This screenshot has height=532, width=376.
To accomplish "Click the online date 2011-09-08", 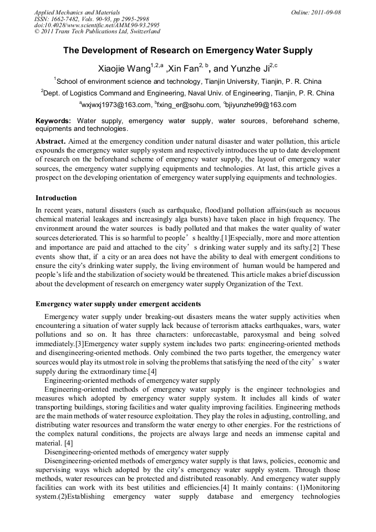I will click(327, 12).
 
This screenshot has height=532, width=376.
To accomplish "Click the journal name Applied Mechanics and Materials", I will click(77, 12).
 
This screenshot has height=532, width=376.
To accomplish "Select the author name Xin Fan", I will click(183, 69).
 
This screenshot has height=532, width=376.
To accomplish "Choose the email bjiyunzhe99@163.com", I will click(261, 104).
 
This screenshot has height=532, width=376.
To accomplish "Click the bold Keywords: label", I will click(53, 120).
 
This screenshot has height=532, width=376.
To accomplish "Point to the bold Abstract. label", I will click(51, 141).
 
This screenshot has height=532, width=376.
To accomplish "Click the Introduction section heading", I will click(56, 198).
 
